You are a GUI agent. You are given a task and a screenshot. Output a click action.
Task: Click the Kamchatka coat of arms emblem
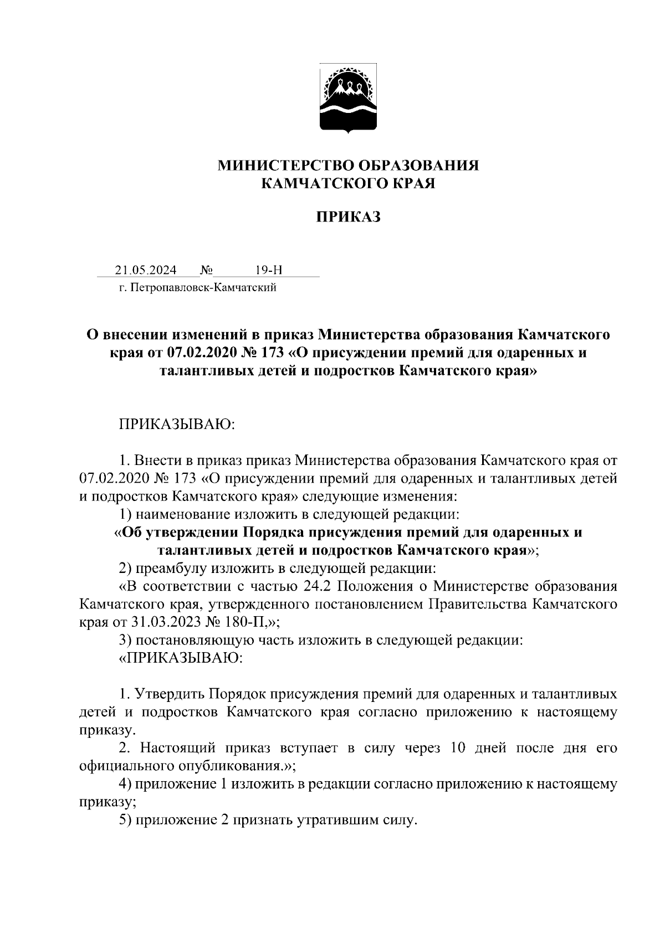click(348, 99)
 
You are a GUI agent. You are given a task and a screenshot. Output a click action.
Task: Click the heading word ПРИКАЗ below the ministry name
click(348, 218)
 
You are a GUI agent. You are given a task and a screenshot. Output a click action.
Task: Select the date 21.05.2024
click(146, 270)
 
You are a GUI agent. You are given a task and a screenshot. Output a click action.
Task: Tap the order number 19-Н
click(269, 270)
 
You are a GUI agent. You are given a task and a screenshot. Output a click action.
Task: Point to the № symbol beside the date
click(206, 270)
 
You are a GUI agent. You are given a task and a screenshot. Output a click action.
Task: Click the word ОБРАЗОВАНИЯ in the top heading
click(418, 166)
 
